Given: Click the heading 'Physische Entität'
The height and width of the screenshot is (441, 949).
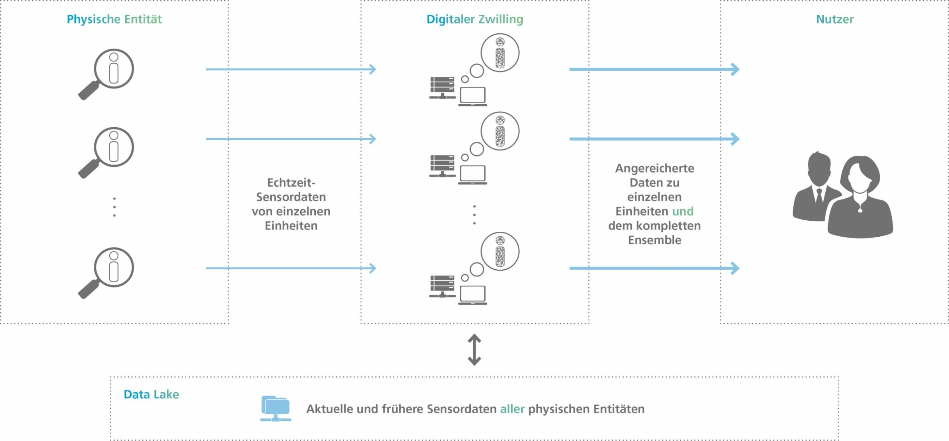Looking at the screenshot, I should (114, 19).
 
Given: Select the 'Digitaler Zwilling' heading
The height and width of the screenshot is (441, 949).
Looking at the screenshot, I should (474, 19).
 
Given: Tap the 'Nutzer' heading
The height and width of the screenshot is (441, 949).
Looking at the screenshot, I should (834, 19).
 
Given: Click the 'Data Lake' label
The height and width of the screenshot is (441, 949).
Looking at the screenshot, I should (151, 394).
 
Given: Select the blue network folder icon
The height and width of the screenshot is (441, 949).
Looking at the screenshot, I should (276, 409).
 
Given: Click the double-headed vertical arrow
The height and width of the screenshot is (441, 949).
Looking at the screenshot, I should (474, 349).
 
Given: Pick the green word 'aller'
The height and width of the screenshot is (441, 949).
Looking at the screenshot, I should (512, 409).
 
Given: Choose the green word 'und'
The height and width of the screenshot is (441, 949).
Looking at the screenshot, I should (683, 211).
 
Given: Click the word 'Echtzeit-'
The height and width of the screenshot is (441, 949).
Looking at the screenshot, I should (291, 183).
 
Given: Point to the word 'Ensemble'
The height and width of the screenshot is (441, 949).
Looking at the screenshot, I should (654, 240).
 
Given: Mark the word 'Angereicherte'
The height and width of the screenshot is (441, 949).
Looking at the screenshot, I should (654, 168).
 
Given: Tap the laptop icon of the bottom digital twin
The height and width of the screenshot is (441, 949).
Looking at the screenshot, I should (473, 295).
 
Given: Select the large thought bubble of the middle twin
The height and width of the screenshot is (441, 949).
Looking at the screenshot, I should (500, 131).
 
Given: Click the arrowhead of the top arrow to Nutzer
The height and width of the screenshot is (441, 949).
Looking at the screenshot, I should (735, 70).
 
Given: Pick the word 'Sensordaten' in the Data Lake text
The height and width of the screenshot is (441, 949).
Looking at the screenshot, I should (462, 409).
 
